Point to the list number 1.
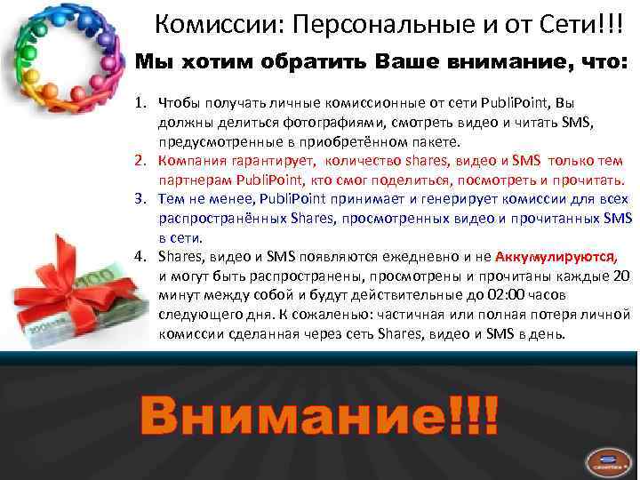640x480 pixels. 140,103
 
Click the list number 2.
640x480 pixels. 140,161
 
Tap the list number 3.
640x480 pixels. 140,199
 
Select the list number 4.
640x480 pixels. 140,257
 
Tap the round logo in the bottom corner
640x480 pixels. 608,456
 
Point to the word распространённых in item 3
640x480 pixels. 221,219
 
